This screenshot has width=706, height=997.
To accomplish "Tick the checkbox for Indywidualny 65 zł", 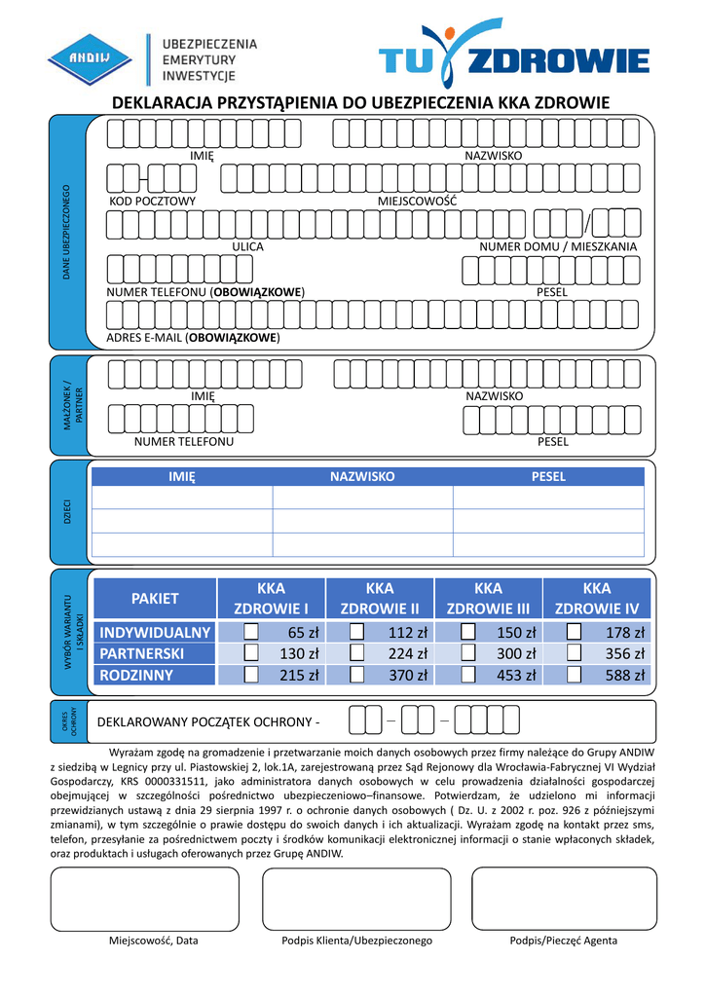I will point(251,633).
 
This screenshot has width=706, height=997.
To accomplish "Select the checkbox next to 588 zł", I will point(574,674).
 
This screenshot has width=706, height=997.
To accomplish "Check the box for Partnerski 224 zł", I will point(357,653).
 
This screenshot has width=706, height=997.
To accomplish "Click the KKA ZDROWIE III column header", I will point(488,599).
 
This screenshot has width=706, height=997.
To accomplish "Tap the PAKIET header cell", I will point(155,598).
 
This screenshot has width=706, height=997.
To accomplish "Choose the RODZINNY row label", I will point(136,675).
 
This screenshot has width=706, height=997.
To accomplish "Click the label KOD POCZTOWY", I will point(152,202).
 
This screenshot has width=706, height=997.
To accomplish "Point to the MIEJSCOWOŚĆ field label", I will point(418,202).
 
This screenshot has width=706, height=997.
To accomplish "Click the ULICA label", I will point(247,247).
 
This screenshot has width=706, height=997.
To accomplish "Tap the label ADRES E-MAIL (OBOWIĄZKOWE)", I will point(193,338).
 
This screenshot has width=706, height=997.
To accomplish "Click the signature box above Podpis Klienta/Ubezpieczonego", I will point(356,899).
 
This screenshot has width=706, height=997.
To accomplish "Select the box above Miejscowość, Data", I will point(144,899).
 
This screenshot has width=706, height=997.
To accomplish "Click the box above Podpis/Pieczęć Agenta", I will point(564,899).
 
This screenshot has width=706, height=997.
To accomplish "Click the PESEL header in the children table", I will point(547,477).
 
